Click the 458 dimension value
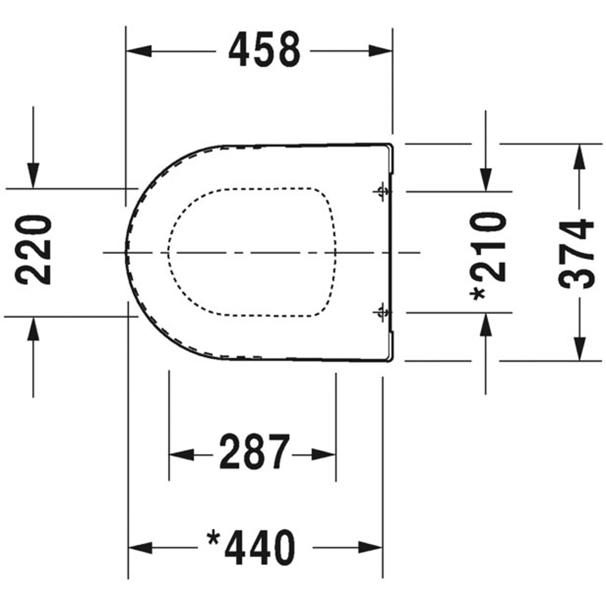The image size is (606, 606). click(x=264, y=51)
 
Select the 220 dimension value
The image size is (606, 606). click(x=33, y=250)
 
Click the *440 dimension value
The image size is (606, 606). click(x=251, y=547)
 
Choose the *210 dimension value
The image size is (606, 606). click(x=488, y=255)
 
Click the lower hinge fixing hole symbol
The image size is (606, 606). click(x=381, y=312)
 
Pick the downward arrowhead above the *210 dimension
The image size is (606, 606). click(x=485, y=178)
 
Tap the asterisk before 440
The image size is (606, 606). click(x=213, y=538)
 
